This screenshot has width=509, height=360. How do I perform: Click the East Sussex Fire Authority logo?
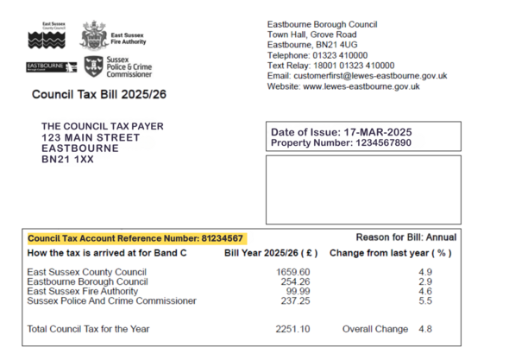(94, 35)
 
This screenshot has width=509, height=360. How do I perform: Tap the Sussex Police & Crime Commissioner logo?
(93, 67)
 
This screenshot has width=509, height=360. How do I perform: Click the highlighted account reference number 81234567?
(223, 238)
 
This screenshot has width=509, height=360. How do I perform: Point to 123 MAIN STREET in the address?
(91, 137)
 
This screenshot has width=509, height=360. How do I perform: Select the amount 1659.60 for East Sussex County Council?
(292, 272)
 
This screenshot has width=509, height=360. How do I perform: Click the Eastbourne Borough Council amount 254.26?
(295, 281)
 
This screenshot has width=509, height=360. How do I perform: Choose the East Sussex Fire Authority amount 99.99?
(298, 291)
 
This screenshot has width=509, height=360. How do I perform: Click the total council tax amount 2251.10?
(292, 329)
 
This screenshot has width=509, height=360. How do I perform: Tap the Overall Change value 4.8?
(424, 329)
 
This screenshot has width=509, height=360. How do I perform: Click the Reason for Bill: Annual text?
(405, 237)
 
